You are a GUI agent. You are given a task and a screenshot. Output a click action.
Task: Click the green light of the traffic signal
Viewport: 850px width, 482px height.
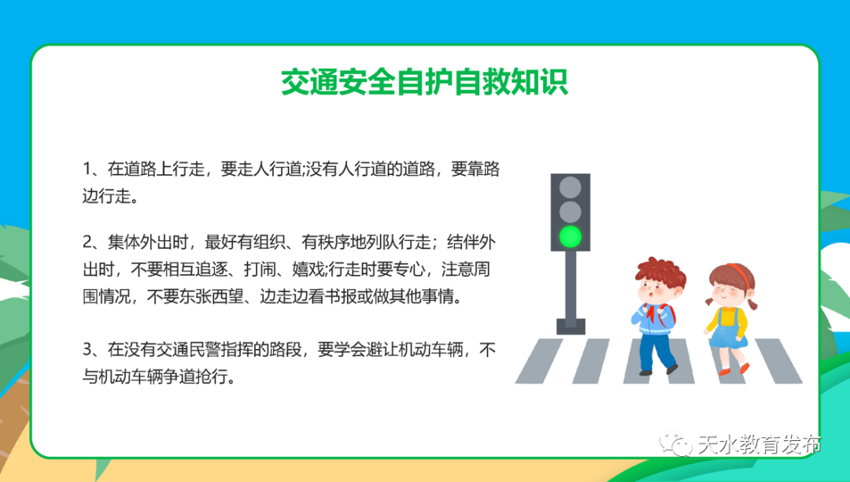(x=570, y=235)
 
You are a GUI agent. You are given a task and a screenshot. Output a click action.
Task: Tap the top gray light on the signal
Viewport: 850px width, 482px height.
(x=570, y=187)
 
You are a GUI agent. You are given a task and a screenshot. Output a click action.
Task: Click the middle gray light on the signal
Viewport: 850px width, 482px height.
(x=570, y=211)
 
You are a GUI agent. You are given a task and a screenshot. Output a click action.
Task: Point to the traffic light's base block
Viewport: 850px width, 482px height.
(x=570, y=324)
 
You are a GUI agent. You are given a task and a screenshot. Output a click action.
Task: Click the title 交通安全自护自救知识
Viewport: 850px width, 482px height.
(x=424, y=82)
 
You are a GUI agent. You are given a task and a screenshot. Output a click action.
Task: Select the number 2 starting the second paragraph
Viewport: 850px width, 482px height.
(x=87, y=240)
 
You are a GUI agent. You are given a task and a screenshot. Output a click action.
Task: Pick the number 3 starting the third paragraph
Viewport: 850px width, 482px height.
(x=87, y=349)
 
